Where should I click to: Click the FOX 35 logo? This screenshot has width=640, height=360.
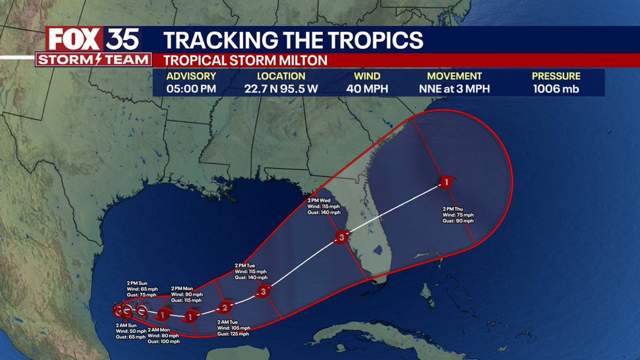click(93, 39)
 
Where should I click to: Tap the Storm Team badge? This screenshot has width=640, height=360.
click(94, 59)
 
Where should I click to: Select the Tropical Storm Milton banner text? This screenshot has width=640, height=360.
click(245, 61)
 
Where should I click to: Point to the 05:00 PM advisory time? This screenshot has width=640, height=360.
click(191, 89)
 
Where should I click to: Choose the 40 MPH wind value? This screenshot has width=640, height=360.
click(366, 89)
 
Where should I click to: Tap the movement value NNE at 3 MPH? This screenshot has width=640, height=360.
click(454, 89)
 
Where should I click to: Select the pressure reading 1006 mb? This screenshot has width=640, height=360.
click(556, 89)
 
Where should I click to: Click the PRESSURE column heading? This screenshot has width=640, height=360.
click(556, 76)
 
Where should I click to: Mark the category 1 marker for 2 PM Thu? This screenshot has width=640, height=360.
click(446, 182)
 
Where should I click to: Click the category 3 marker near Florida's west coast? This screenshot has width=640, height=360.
click(342, 238)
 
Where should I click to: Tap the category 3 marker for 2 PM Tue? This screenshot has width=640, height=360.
click(264, 291)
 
